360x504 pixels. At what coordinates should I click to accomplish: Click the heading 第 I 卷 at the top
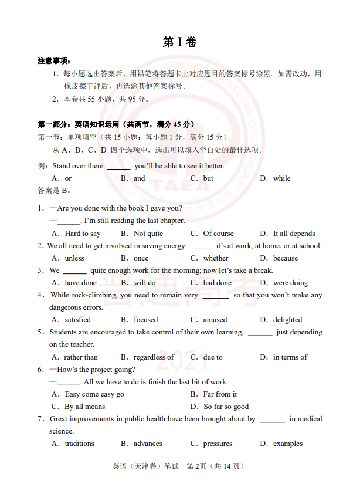(179, 42)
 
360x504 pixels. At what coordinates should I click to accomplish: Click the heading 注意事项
(54, 61)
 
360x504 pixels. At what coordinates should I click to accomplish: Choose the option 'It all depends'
(294, 234)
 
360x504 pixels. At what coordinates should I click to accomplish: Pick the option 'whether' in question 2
(216, 258)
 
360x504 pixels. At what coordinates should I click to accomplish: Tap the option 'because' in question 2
(286, 258)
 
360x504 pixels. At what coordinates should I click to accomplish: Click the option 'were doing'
(290, 283)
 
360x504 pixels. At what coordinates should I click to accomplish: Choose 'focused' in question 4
(145, 320)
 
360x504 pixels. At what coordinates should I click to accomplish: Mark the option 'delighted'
(287, 320)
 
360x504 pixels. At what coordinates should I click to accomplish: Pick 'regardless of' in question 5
(154, 357)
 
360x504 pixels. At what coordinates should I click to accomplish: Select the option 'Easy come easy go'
(94, 394)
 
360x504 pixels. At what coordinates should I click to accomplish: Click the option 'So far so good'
(226, 407)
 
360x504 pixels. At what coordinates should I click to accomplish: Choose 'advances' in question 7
(148, 444)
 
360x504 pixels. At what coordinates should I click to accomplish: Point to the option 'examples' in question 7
(288, 444)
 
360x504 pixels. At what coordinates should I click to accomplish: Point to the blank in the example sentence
(119, 167)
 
